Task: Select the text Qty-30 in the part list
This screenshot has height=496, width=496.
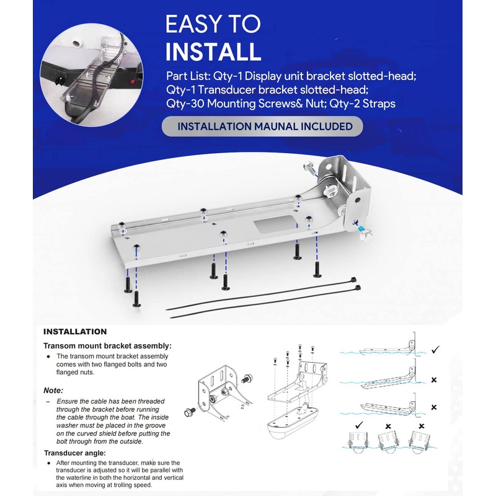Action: point(185,104)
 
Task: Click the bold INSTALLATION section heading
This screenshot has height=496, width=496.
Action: point(75,332)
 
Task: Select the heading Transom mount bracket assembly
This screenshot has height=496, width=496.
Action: point(107,345)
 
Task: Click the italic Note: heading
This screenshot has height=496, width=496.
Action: point(53,391)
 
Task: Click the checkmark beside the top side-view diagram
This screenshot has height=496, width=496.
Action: point(436,350)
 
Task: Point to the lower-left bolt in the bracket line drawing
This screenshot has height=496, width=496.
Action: point(189,411)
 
